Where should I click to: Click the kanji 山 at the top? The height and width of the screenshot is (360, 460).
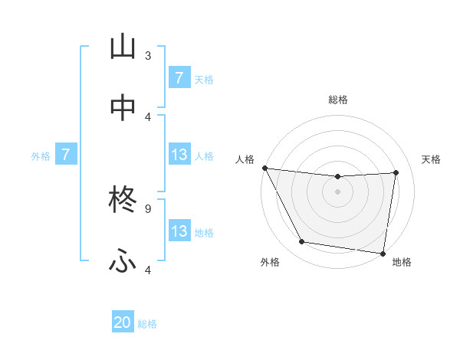tap(123, 47)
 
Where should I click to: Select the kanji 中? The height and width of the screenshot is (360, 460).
tap(123, 108)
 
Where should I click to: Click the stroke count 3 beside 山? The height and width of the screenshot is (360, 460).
tap(148, 55)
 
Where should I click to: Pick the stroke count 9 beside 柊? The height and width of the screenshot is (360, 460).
tap(148, 208)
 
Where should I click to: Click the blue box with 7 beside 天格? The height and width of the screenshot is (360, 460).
tap(179, 78)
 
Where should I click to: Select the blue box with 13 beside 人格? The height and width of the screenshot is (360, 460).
tap(179, 155)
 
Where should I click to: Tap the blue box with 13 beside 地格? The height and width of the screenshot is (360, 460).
tap(179, 231)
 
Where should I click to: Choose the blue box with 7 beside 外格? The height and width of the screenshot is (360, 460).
tap(66, 155)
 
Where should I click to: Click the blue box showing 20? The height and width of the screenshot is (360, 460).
tap(123, 323)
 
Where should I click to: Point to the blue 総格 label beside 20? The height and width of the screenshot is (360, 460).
tap(147, 324)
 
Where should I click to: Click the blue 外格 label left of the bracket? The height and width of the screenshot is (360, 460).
tap(41, 155)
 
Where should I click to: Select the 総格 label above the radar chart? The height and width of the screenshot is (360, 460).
tap(338, 100)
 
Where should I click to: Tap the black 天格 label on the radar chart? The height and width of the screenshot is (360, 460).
tap(432, 159)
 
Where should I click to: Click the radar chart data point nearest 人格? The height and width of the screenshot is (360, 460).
tap(265, 168)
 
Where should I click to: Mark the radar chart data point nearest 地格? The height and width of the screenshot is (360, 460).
tap(383, 253)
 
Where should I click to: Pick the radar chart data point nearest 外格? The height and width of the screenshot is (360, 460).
tap(301, 242)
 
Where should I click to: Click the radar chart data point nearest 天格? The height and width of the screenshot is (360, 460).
tap(396, 172)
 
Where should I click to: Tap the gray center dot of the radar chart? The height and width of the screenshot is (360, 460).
tap(338, 191)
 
